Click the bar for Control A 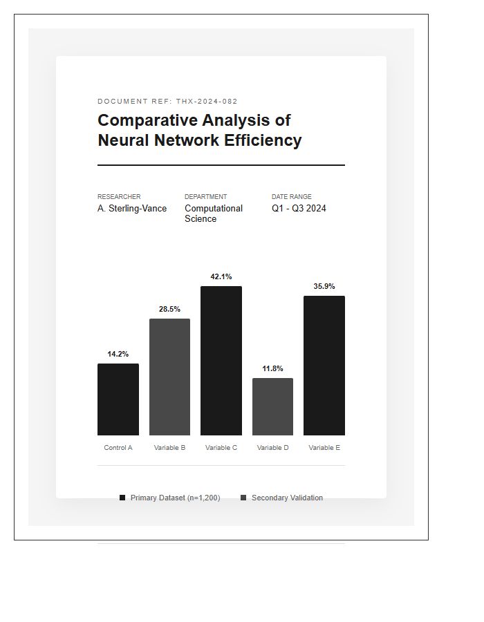[118, 399]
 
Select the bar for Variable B [169, 377]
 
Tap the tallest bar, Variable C [221, 361]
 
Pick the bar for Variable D [272, 406]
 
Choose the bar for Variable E [324, 366]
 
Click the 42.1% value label [221, 276]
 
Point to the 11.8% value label [272, 368]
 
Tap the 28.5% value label [169, 309]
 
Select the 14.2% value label [118, 354]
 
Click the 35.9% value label [324, 286]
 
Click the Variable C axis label [221, 448]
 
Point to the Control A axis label [118, 448]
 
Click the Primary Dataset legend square [122, 498]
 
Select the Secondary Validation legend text [287, 498]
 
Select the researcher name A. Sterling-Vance [132, 208]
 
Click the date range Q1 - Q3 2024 [299, 208]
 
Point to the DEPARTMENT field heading [205, 197]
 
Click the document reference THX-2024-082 [207, 102]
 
